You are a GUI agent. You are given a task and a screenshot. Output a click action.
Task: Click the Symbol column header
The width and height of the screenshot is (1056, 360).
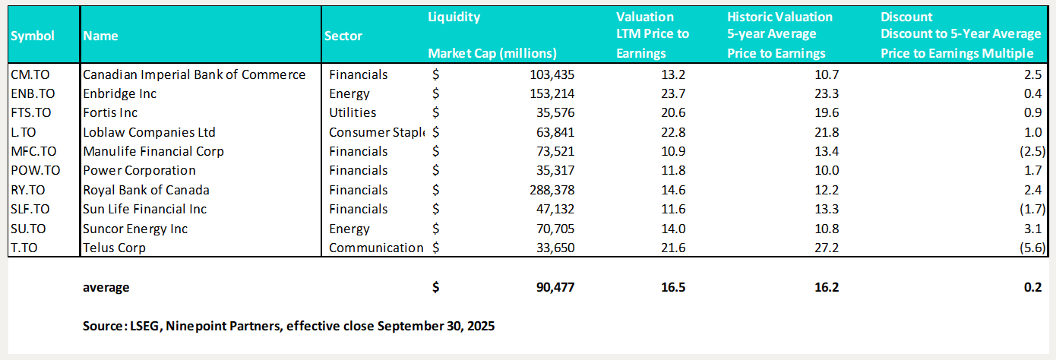click(x=33, y=36)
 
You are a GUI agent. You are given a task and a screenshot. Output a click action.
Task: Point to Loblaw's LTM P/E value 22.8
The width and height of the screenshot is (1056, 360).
click(x=655, y=132)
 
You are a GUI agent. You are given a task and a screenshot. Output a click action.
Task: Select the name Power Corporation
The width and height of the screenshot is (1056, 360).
click(x=138, y=170)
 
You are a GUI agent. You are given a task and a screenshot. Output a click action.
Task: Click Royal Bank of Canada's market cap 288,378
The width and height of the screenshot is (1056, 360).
click(x=549, y=190)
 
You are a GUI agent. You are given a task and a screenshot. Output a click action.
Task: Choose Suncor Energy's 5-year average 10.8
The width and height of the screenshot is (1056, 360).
click(x=825, y=229)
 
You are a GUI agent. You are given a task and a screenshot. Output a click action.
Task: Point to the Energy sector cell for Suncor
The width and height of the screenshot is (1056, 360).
click(x=349, y=229)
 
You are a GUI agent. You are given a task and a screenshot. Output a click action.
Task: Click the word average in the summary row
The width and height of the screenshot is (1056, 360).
click(x=106, y=287)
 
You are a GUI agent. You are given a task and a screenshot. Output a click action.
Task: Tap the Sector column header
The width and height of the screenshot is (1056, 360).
click(x=343, y=36)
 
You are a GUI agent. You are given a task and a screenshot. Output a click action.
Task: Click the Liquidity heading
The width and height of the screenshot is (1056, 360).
click(x=454, y=17)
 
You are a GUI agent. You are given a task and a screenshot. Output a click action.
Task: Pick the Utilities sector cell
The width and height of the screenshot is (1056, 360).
click(x=353, y=113)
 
